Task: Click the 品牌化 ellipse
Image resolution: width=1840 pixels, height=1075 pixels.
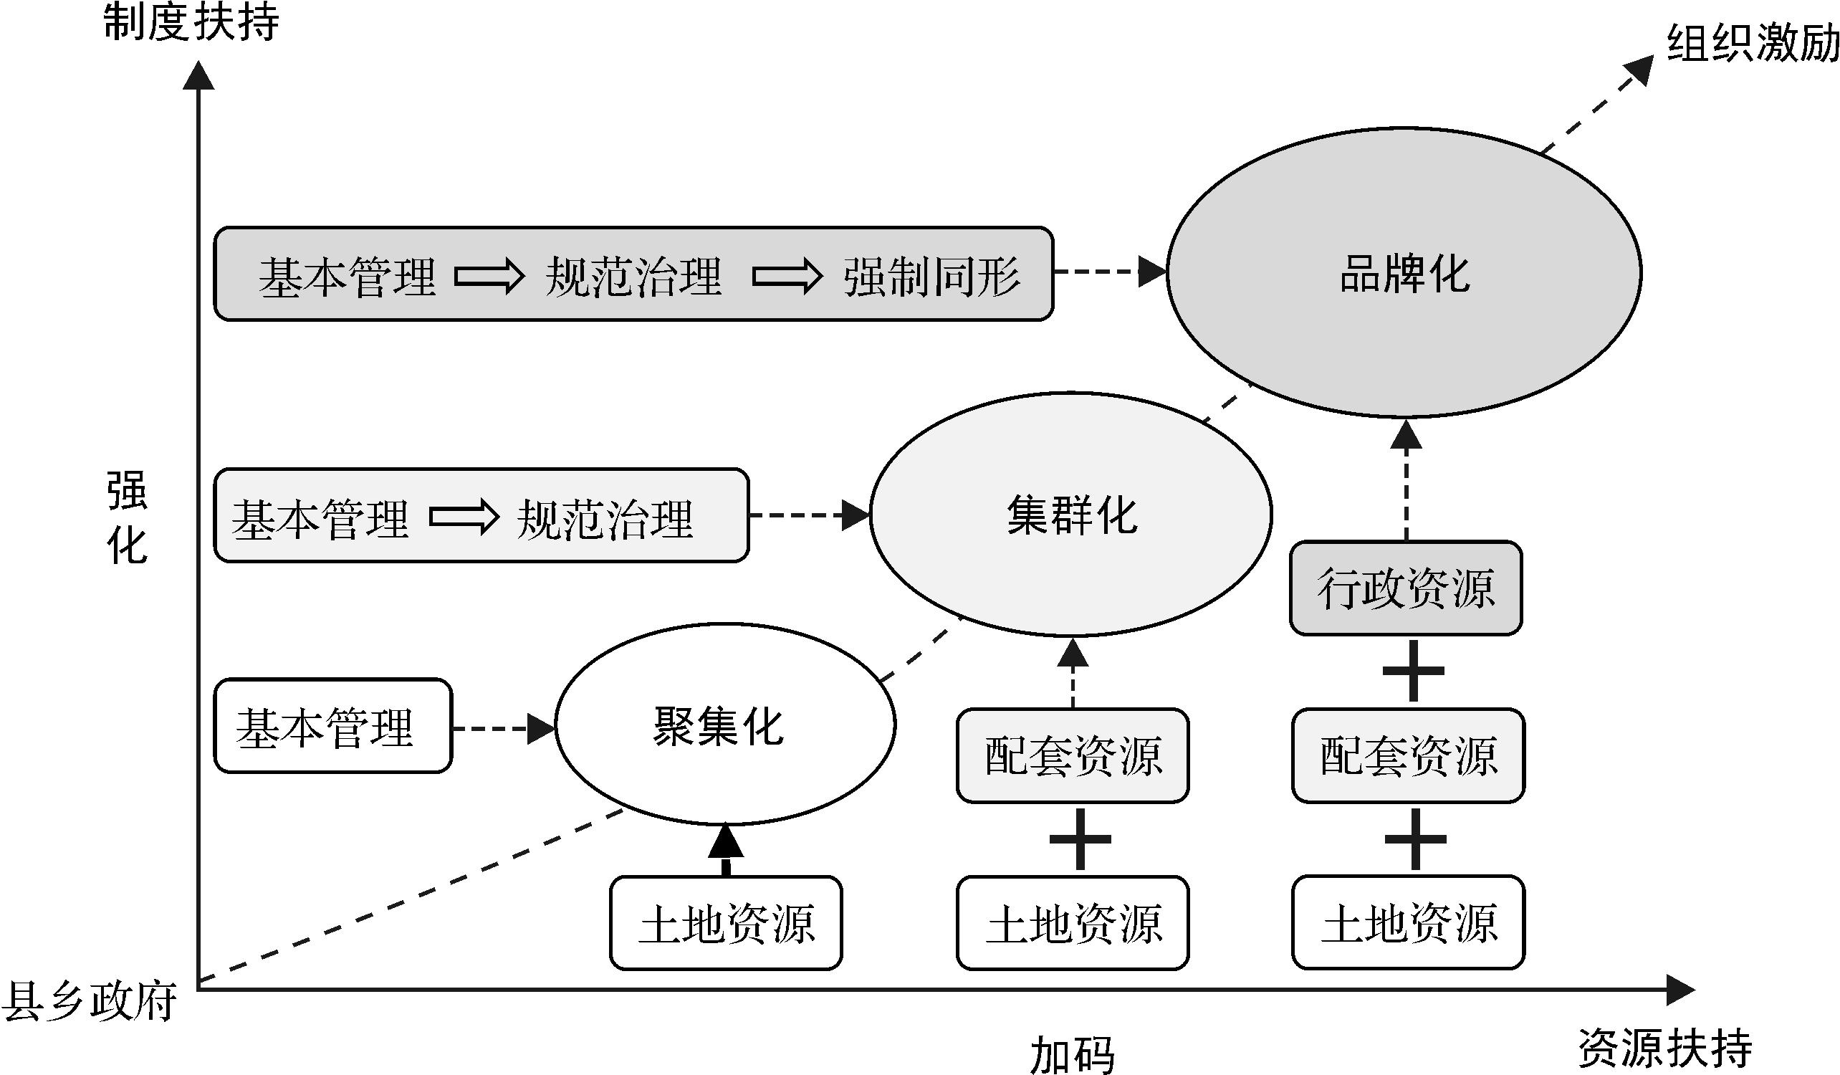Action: [1404, 273]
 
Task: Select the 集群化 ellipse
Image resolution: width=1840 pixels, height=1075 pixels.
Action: [1070, 515]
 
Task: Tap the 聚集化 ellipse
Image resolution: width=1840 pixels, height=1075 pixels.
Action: [724, 725]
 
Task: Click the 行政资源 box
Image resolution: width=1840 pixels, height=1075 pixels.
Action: [1406, 588]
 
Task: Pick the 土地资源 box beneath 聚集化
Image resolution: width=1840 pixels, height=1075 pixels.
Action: [726, 923]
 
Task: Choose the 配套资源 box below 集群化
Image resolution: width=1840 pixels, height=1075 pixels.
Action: [1073, 756]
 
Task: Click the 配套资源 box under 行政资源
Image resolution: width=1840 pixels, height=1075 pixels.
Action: [1408, 756]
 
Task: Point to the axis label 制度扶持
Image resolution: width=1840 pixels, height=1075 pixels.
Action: [191, 22]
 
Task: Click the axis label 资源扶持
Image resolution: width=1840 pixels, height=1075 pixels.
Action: [1664, 1048]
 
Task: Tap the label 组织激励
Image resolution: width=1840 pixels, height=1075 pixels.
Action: [1751, 44]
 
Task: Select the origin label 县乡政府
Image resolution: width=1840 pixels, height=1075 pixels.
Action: [90, 1000]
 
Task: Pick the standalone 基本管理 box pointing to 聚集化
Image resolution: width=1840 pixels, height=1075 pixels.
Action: [333, 726]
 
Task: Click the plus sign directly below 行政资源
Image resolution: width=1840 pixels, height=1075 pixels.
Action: [1414, 671]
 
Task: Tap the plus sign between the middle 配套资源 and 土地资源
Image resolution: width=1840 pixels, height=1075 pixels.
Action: [1080, 839]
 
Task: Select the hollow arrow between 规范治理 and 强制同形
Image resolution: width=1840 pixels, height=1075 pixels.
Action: [787, 276]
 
